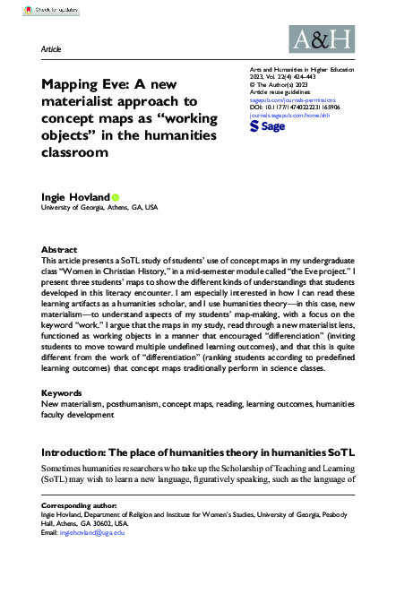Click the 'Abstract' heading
point(60,249)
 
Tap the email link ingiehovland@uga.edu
point(94,533)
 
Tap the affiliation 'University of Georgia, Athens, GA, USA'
point(99,208)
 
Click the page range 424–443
point(326,78)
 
